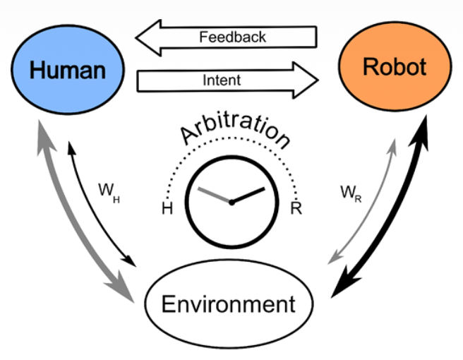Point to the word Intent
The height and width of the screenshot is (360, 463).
pos(221,80)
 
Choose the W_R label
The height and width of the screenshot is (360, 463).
pos(350,192)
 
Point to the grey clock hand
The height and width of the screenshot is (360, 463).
pos(213,195)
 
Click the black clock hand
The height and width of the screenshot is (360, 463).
pos(248,194)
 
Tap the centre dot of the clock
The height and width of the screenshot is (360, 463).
pos(231,202)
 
